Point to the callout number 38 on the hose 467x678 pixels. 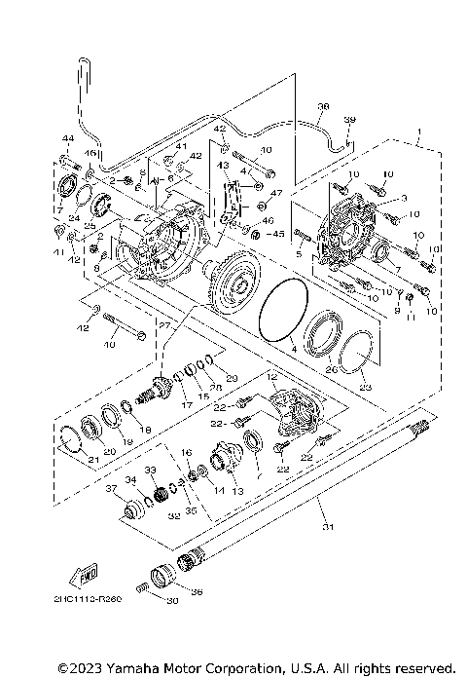click(323, 107)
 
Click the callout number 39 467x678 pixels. click(351, 120)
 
